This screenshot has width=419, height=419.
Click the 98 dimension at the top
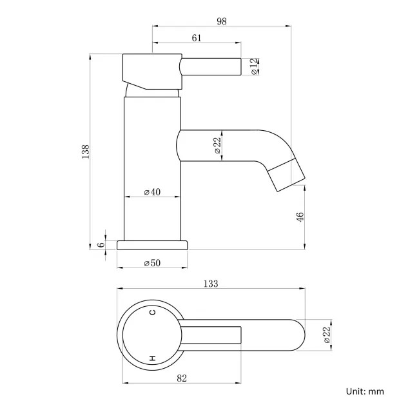click(222, 21)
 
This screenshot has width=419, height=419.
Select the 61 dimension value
click(197, 39)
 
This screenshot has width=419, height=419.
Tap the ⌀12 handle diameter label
click(255, 66)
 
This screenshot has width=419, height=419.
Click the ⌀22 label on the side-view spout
click(217, 146)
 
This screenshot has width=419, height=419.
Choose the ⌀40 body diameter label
click(152, 192)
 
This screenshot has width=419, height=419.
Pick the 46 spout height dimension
click(300, 217)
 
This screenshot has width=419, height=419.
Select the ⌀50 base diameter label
click(152, 263)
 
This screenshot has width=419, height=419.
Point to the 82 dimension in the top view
click(181, 378)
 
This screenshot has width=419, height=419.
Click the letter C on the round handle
click(153, 313)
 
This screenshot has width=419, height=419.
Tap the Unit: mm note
click(365, 391)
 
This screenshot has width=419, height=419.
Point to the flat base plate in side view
click(152, 244)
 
